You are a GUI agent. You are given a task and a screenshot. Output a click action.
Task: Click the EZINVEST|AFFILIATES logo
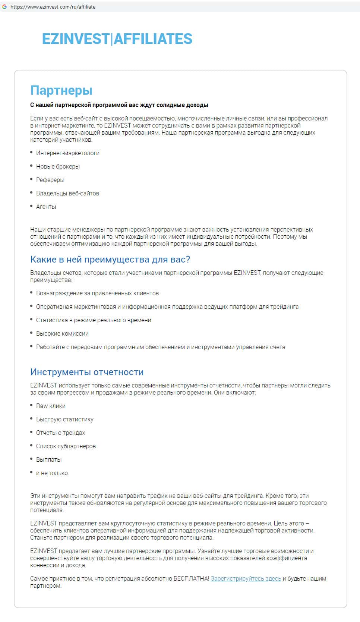[x=117, y=39]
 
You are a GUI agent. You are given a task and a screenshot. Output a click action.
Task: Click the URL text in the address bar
[x=53, y=7]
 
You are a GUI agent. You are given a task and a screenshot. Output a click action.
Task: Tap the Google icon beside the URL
[x=4, y=7]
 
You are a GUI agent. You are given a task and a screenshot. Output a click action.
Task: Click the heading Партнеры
[x=61, y=90]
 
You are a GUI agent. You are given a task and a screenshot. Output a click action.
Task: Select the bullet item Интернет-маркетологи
[x=67, y=153]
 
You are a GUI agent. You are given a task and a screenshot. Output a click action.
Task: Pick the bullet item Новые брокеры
[x=58, y=166]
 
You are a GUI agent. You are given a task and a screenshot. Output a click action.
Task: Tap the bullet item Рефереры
[x=50, y=180]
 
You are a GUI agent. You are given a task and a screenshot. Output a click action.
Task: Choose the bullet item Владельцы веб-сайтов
[x=67, y=193]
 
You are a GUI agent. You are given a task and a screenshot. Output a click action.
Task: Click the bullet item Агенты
[x=46, y=207]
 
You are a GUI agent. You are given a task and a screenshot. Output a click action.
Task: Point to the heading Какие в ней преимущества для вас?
[x=110, y=260]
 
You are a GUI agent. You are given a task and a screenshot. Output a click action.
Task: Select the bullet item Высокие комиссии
[x=62, y=333]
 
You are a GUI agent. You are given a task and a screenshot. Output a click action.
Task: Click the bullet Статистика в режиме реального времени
[x=93, y=320]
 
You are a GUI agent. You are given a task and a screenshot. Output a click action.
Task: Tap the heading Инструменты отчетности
[x=87, y=372]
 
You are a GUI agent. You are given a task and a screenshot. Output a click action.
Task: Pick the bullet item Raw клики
[x=51, y=406]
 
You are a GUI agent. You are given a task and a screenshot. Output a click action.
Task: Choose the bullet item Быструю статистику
[x=64, y=419]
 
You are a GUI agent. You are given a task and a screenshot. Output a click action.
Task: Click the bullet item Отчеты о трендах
[x=60, y=433]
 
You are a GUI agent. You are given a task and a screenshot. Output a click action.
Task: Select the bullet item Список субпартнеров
[x=66, y=446]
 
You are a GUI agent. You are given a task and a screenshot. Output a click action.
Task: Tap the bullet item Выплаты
[x=48, y=459]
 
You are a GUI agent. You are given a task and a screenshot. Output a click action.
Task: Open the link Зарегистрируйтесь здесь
[x=246, y=578]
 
